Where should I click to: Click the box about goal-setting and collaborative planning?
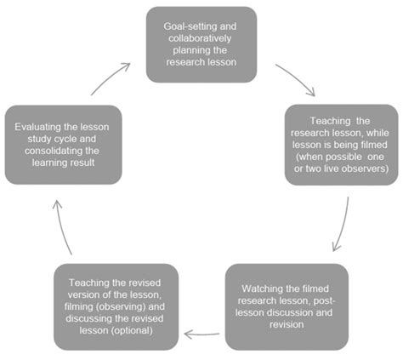click(201, 45)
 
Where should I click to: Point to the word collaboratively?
click(201, 38)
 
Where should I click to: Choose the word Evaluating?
click(38, 126)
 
